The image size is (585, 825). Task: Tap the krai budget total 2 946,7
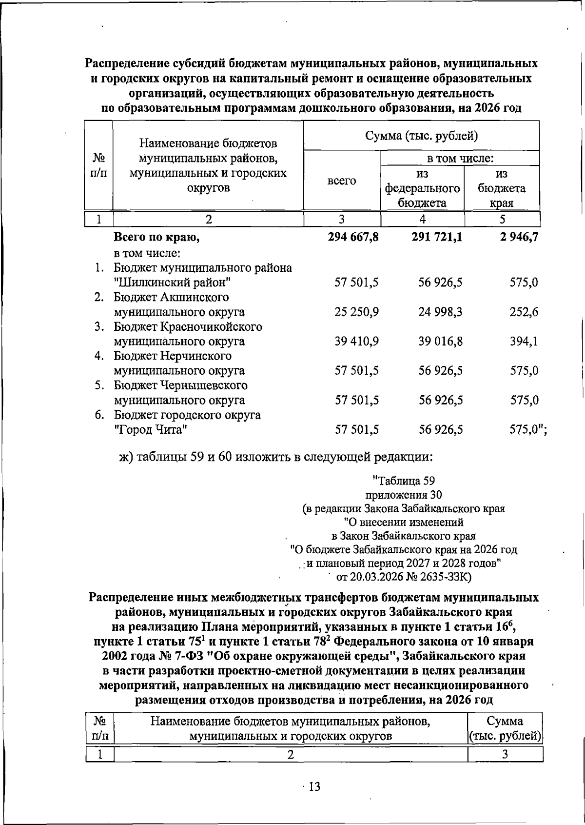(515, 238)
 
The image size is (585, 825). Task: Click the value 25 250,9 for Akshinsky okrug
(357, 312)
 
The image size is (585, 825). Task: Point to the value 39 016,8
(440, 342)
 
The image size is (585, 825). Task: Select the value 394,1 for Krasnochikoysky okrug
(524, 342)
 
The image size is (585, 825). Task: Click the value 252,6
(524, 312)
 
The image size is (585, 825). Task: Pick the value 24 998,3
(440, 312)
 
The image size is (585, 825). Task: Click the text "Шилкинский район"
(172, 282)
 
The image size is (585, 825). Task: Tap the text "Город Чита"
(151, 430)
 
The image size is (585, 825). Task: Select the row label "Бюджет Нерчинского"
(173, 356)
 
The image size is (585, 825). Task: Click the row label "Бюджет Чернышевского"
(180, 385)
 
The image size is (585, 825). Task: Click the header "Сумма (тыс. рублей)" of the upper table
(421, 136)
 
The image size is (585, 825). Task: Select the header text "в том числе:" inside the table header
(460, 159)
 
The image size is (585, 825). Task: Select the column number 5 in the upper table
(502, 219)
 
